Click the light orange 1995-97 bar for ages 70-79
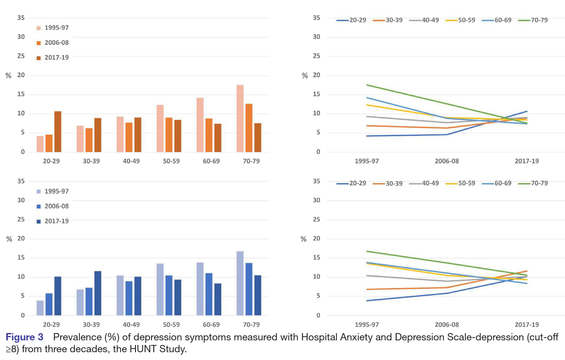pos(240,119)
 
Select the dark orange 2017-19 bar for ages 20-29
pos(58,132)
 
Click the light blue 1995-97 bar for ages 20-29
pos(40,308)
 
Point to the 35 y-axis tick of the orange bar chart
pos(21,18)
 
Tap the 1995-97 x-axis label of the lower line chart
pos(366,325)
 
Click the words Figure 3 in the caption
pos(25,338)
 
